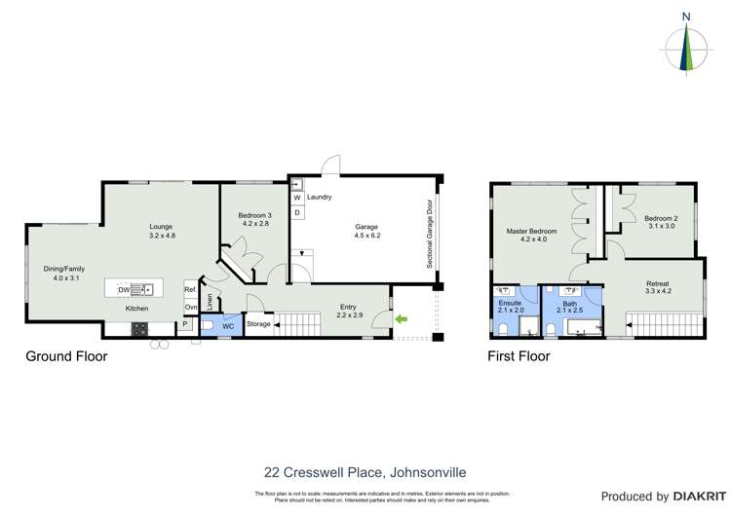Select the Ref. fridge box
pyautogui.click(x=191, y=290)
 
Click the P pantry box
pyautogui.click(x=185, y=325)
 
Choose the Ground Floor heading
pyautogui.click(x=66, y=356)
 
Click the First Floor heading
pyautogui.click(x=519, y=356)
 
